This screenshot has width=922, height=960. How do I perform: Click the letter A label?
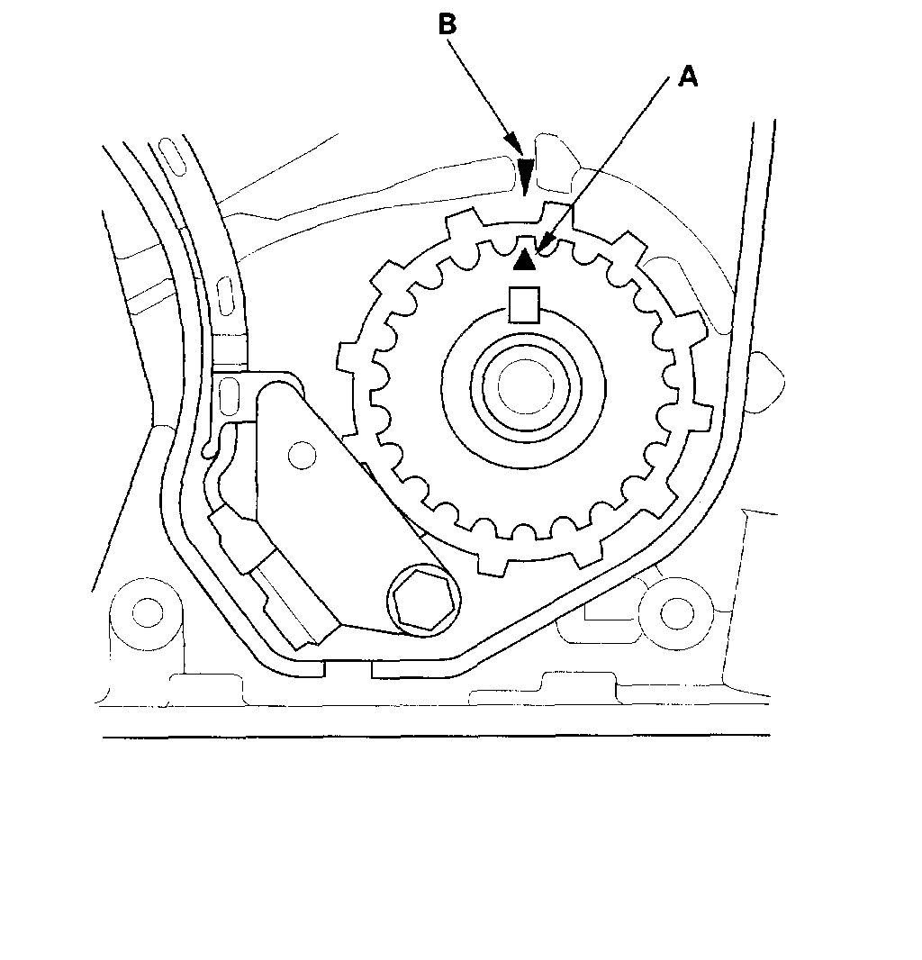click(x=687, y=77)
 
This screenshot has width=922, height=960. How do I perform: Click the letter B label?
click(x=447, y=24)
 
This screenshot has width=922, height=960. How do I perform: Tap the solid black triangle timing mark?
click(x=524, y=260)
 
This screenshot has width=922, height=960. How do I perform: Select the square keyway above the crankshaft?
click(x=524, y=303)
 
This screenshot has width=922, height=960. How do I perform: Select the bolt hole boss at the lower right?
click(x=674, y=612)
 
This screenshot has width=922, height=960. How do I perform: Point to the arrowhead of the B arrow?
click(x=525, y=171)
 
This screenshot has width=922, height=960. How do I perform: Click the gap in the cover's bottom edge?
click(x=348, y=669)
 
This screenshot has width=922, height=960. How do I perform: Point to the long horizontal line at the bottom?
click(x=437, y=738)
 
